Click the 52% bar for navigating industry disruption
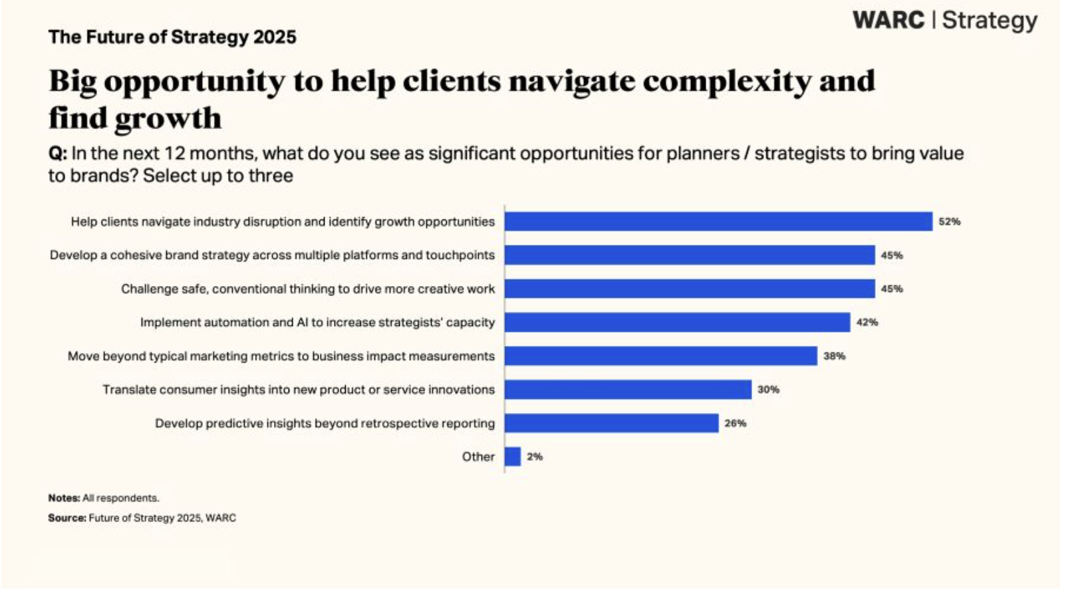(718, 222)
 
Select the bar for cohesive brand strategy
(690, 255)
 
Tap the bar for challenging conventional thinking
(690, 289)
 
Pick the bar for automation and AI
(677, 323)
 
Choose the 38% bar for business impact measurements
(660, 356)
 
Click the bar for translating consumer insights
(628, 390)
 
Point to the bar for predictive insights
(611, 423)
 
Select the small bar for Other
(513, 457)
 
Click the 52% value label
(949, 222)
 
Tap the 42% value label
(867, 323)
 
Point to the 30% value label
(768, 390)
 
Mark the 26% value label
(735, 423)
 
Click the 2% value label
(535, 457)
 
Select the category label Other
(478, 457)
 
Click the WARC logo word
(888, 20)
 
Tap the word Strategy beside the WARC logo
(990, 21)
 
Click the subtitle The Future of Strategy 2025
(172, 37)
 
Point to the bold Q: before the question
(57, 154)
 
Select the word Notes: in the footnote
(64, 498)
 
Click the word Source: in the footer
(67, 518)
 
